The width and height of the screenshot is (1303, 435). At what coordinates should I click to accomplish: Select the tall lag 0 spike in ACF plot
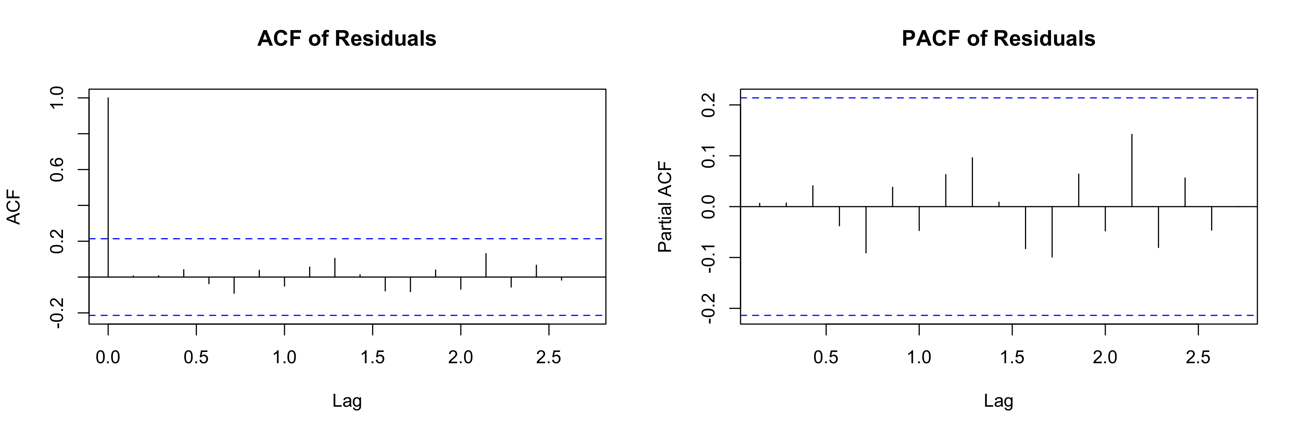pyautogui.click(x=108, y=187)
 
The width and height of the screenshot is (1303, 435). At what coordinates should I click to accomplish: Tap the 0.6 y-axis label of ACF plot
pyautogui.click(x=57, y=170)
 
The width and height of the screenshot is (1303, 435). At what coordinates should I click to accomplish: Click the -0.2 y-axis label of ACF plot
pyautogui.click(x=57, y=313)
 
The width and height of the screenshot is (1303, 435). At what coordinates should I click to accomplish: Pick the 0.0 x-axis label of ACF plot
pyautogui.click(x=108, y=357)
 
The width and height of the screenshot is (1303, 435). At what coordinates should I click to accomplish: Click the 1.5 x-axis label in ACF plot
pyautogui.click(x=372, y=357)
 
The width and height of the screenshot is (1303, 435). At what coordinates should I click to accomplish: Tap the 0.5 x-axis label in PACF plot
pyautogui.click(x=826, y=357)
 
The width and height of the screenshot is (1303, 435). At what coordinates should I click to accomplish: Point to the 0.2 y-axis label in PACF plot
pyautogui.click(x=708, y=105)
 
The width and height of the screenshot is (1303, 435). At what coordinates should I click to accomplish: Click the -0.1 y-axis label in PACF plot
pyautogui.click(x=708, y=257)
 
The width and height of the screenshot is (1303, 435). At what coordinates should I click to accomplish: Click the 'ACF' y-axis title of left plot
pyautogui.click(x=14, y=207)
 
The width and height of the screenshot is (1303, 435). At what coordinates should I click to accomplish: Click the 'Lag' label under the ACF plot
pyautogui.click(x=347, y=401)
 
